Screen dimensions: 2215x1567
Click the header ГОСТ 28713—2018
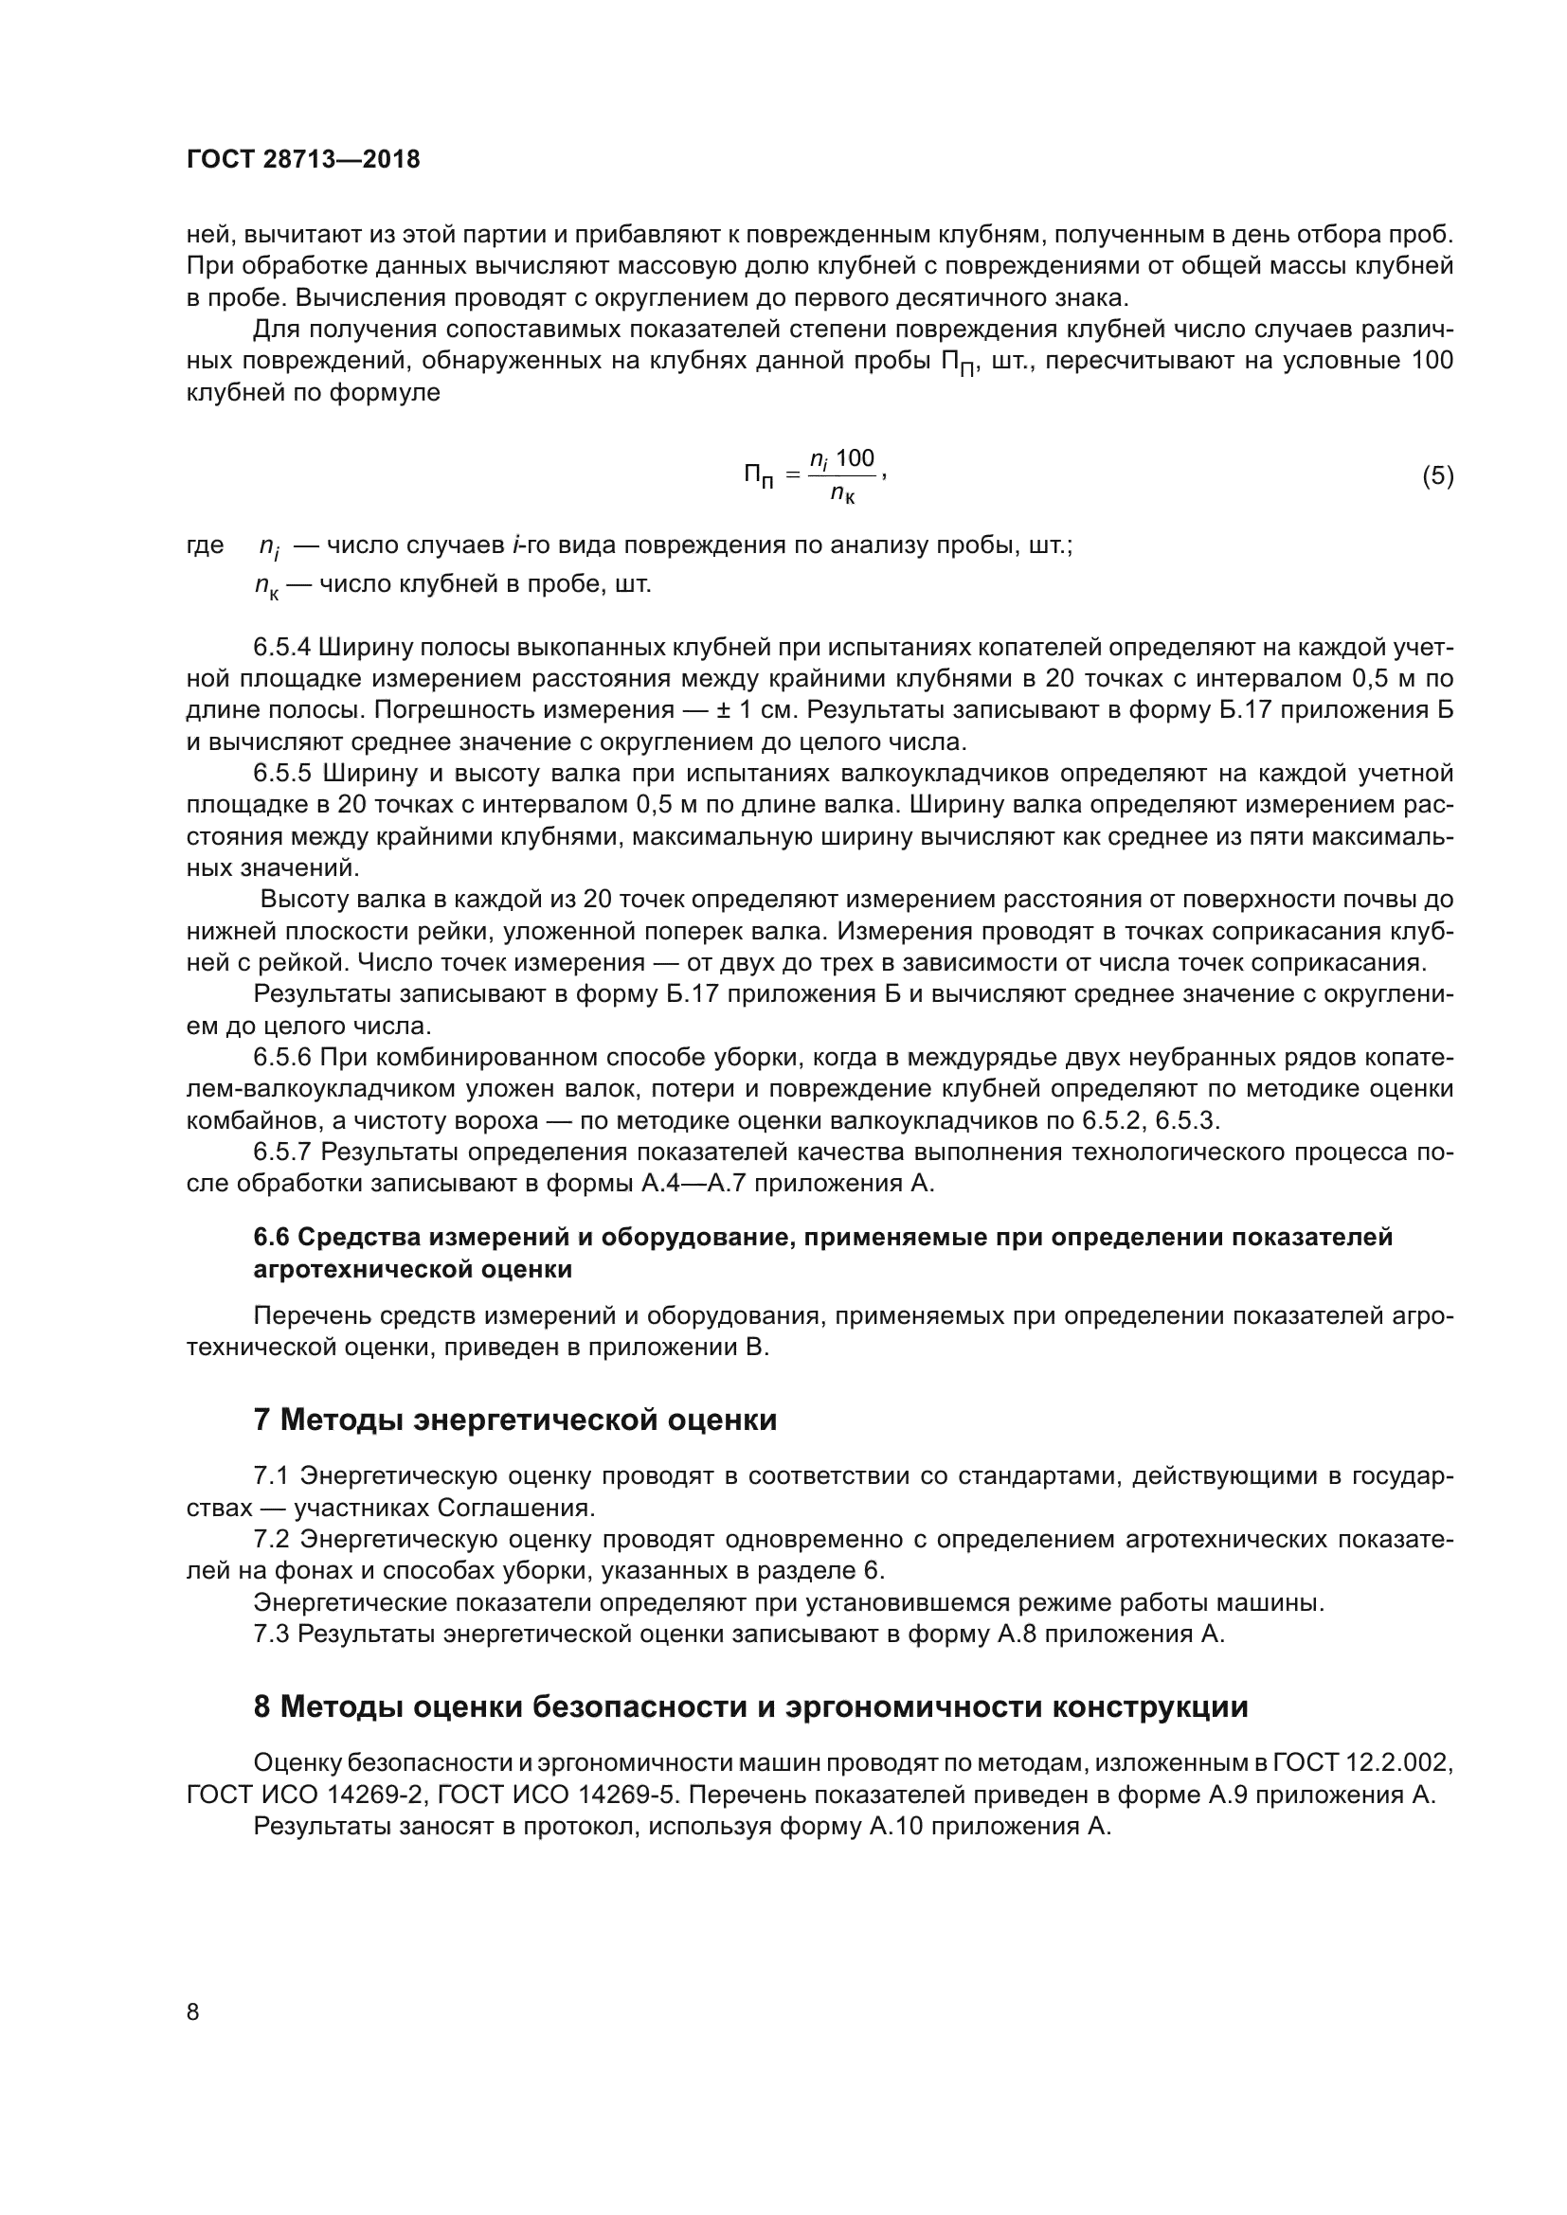[x=303, y=160]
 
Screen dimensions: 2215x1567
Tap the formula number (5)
[x=1437, y=475]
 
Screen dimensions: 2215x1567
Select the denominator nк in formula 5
[x=842, y=496]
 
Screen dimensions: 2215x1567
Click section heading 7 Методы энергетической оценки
[x=514, y=1420]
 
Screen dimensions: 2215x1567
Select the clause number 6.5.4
[x=280, y=647]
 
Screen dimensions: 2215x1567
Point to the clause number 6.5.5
[x=280, y=774]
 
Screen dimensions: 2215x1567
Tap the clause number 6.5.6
[x=280, y=1058]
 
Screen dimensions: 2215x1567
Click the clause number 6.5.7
[x=280, y=1152]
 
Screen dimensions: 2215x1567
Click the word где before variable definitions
[x=205, y=546]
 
